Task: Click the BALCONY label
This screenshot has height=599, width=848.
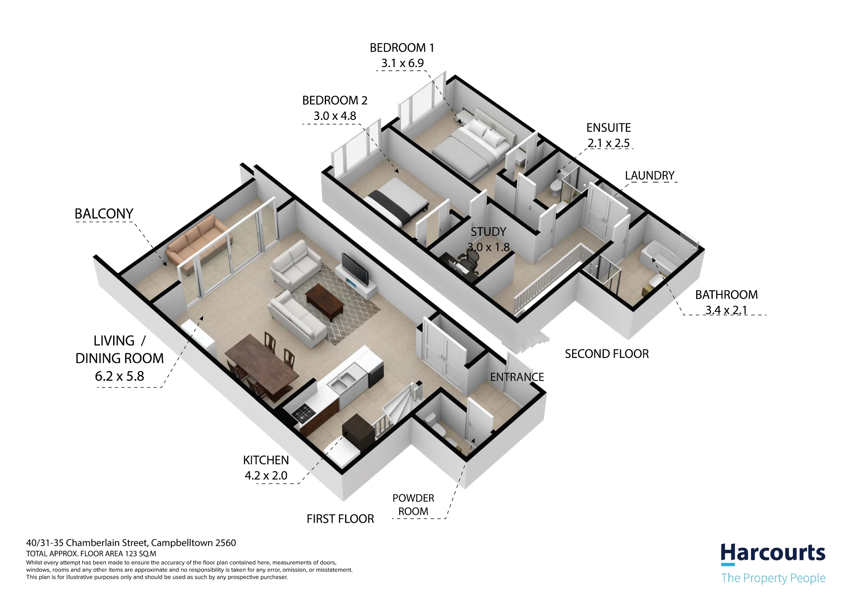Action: tap(104, 214)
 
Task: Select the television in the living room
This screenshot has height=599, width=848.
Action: tap(355, 269)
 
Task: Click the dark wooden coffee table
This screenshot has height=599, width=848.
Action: tap(324, 302)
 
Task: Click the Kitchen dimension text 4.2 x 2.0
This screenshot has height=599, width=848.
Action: tap(266, 475)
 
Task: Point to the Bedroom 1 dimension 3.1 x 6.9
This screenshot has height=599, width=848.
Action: tap(402, 63)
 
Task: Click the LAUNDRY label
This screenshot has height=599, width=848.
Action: tap(650, 175)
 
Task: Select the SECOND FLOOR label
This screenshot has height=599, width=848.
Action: tap(607, 354)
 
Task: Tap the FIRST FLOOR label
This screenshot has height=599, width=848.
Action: tap(340, 519)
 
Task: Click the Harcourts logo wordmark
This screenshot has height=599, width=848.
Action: tap(773, 554)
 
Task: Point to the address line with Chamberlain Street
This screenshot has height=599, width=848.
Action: tap(131, 543)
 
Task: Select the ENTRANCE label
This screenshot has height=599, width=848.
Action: tap(517, 377)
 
